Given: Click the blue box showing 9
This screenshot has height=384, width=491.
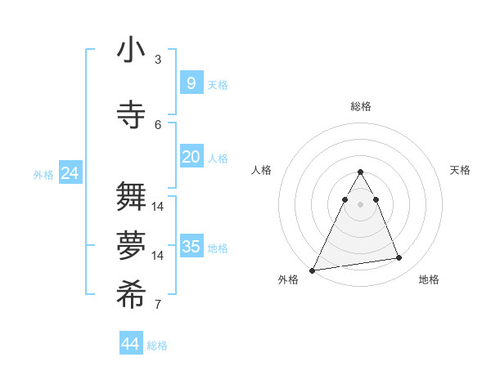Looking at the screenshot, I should coord(191,83).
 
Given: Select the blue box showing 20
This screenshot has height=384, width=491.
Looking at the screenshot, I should coord(191,157).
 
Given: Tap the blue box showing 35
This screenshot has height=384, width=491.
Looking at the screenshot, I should coord(191,247).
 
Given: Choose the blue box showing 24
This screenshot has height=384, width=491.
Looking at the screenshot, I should coord(70,173).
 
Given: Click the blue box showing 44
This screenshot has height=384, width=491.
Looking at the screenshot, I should coord(131,344).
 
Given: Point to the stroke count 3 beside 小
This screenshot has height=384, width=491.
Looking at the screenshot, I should coord(158,60).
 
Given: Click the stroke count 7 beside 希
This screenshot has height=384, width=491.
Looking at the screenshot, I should coord(158,305).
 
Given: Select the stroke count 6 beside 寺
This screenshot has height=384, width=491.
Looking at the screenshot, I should coord(158,124).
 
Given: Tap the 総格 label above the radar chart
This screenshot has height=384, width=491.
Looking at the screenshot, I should coord(361,106).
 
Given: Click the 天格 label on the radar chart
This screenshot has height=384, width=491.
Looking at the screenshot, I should coord(460,170).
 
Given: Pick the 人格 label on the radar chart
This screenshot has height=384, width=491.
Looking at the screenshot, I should coord(262,170).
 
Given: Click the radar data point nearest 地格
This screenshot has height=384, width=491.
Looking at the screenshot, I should coord(399,258).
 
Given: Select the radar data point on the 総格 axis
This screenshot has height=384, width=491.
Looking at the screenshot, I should coord(361,172).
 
